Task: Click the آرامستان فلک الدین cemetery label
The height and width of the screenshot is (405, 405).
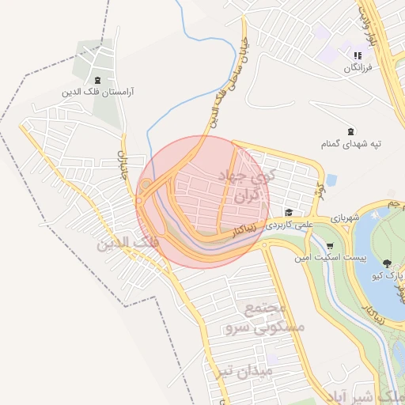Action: tap(97, 93)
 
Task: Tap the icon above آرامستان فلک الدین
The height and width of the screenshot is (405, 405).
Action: tap(97, 81)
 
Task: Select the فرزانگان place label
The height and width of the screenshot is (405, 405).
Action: tap(358, 69)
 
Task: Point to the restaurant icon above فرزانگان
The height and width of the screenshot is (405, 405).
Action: tap(358, 56)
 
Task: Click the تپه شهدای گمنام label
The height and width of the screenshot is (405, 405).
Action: tap(351, 143)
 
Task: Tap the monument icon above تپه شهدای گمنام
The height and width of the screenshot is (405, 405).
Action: tap(351, 131)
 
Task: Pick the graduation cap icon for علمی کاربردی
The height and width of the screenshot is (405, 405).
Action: tap(289, 213)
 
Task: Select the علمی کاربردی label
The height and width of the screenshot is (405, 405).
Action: tap(290, 225)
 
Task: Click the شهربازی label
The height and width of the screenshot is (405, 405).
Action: tap(345, 218)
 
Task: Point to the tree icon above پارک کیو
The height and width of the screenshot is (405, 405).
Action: tap(387, 263)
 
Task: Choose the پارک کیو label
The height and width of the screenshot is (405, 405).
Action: tap(388, 275)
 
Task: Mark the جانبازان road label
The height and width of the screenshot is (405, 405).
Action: tap(123, 163)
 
